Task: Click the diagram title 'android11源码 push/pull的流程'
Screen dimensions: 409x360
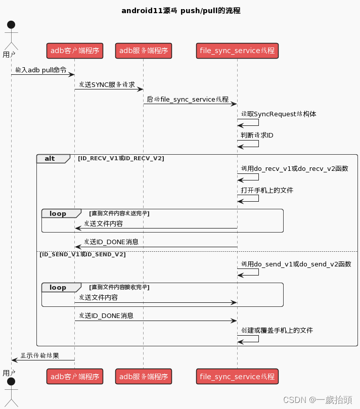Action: pos(181,11)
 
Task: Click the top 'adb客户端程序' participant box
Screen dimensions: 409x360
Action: pos(75,50)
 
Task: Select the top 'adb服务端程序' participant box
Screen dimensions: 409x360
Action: pos(144,50)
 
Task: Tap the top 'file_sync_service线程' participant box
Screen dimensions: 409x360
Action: pos(237,50)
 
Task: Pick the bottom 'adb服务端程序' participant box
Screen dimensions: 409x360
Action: pos(144,376)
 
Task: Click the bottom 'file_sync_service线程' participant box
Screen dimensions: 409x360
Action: pos(237,376)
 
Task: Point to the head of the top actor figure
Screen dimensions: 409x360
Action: pos(11,25)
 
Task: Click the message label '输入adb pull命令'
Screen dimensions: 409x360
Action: pos(41,70)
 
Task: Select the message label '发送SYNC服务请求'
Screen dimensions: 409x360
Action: pos(107,85)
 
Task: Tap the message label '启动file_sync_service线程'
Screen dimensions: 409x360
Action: pos(187,100)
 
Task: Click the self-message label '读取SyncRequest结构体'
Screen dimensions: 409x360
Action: pos(279,114)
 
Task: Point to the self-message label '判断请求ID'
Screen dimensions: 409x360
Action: pos(257,135)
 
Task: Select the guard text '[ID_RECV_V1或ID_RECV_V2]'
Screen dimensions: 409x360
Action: pos(121,159)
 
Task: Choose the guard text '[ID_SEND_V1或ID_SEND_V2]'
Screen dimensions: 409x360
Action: pos(82,255)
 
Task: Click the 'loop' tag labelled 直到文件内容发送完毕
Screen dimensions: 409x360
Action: pos(58,213)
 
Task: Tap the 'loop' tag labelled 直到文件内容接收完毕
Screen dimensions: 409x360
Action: pos(58,287)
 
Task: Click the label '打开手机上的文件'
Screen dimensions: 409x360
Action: pos(267,191)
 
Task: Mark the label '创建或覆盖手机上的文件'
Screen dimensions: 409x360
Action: pos(277,331)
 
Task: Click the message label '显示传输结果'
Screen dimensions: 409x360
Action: pos(39,356)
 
